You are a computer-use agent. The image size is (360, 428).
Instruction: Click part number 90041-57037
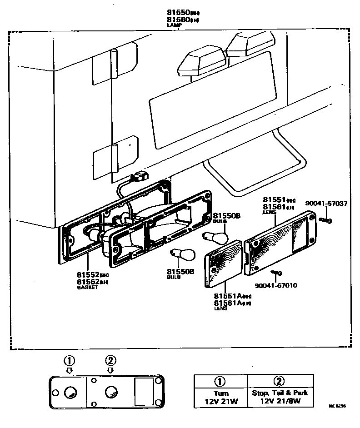pyautogui.click(x=326, y=204)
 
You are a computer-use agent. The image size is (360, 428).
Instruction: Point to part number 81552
pyautogui.click(x=88, y=275)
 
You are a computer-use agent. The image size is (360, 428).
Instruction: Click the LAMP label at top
pyautogui.click(x=175, y=25)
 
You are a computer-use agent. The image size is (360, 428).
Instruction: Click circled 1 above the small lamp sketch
pyautogui.click(x=69, y=361)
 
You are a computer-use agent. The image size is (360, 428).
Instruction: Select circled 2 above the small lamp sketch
pyautogui.click(x=110, y=361)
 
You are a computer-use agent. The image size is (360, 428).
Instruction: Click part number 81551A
pyautogui.click(x=228, y=295)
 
